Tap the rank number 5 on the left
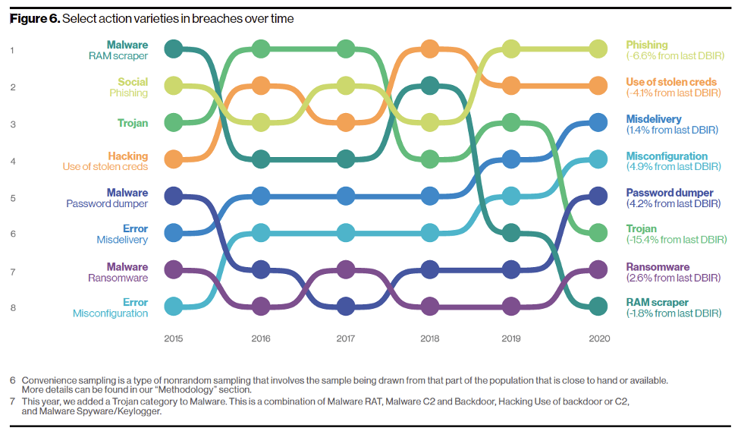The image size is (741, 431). pos(13,198)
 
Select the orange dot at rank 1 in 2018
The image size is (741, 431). pos(430,49)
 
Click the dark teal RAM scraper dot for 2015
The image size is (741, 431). pos(174,49)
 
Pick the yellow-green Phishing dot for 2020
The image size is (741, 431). pos(598,49)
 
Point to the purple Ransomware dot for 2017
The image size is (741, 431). pos(346,269)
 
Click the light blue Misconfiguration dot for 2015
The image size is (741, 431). pos(174,307)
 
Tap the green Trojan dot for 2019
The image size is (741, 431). pos(511,122)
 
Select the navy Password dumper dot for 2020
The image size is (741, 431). pos(598,197)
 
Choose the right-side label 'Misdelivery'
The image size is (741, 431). pos(654,119)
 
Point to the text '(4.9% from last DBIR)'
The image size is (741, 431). pos(673,167)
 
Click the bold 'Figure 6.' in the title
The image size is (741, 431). pos(33,18)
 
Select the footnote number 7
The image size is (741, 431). pos(13,400)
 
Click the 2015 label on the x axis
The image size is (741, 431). pos(174,338)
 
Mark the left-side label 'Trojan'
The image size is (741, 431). pos(133,123)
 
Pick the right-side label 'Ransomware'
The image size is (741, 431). pos(658,267)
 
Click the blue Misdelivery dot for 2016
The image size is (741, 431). pos(261,197)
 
